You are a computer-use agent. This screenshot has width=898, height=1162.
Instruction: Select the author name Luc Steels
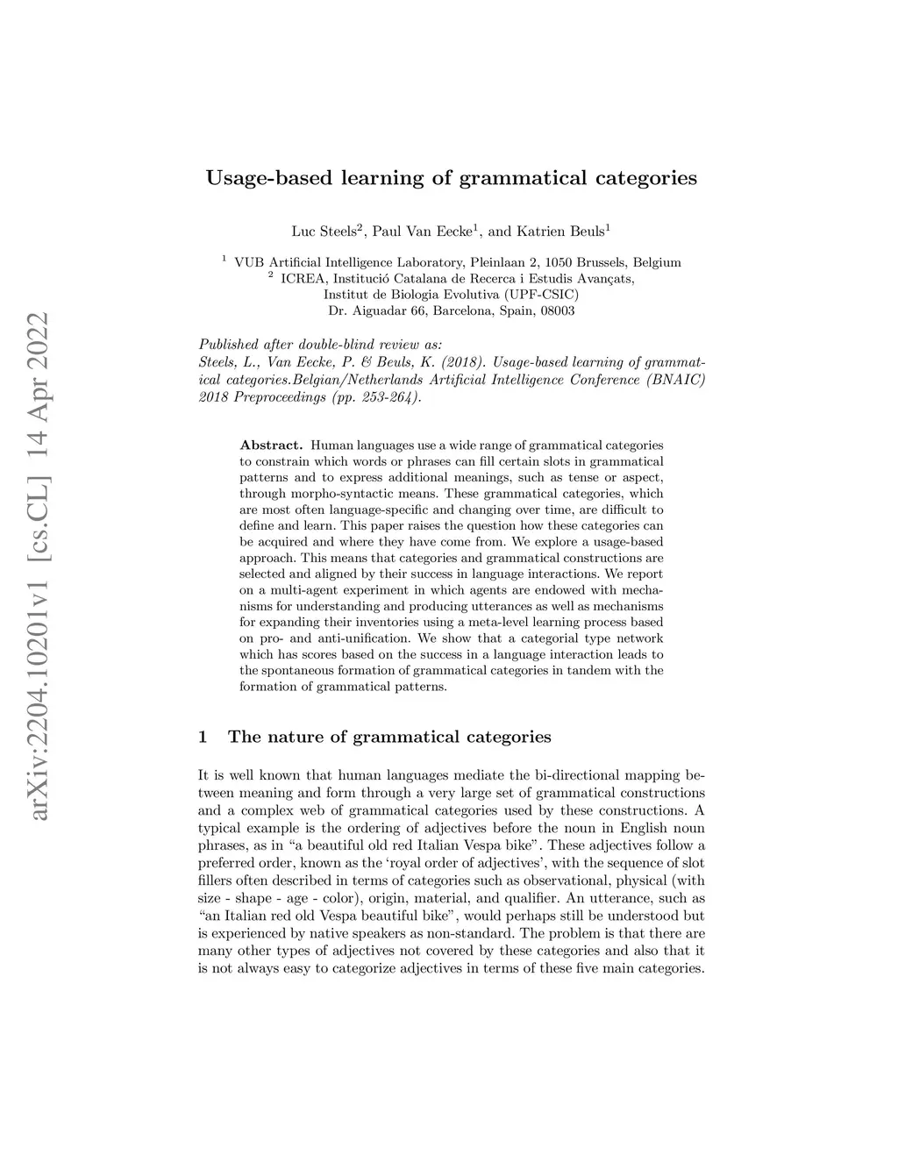click(323, 232)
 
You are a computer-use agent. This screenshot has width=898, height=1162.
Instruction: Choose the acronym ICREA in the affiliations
click(301, 279)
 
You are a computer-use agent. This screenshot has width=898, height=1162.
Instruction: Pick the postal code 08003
click(557, 310)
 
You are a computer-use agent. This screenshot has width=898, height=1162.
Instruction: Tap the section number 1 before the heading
click(203, 737)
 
